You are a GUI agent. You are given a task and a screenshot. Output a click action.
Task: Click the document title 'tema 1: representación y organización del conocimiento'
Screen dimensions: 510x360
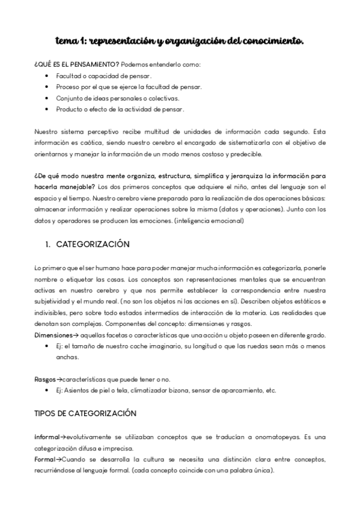tap(180, 41)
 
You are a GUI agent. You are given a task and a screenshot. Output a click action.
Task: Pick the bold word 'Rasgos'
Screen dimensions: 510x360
tap(44, 379)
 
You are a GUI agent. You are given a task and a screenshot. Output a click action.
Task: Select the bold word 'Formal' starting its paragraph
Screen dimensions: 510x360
tap(46, 459)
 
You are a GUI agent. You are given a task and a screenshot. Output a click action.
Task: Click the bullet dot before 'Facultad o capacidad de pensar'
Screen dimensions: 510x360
tap(47, 76)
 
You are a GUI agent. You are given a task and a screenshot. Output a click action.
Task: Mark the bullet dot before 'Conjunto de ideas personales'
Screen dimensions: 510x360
tap(47, 98)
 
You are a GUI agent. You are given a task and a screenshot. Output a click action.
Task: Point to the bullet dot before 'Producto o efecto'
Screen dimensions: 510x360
tap(47, 109)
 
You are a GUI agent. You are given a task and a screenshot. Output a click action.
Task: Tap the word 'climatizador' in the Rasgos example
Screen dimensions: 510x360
tap(157, 390)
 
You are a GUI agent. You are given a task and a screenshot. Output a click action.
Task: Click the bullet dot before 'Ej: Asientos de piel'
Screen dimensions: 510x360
tap(47, 390)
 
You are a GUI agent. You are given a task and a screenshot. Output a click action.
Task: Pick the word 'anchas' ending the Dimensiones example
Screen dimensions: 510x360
tap(67, 357)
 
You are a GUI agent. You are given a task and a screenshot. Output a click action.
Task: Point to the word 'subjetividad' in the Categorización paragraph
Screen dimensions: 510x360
tap(53, 301)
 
